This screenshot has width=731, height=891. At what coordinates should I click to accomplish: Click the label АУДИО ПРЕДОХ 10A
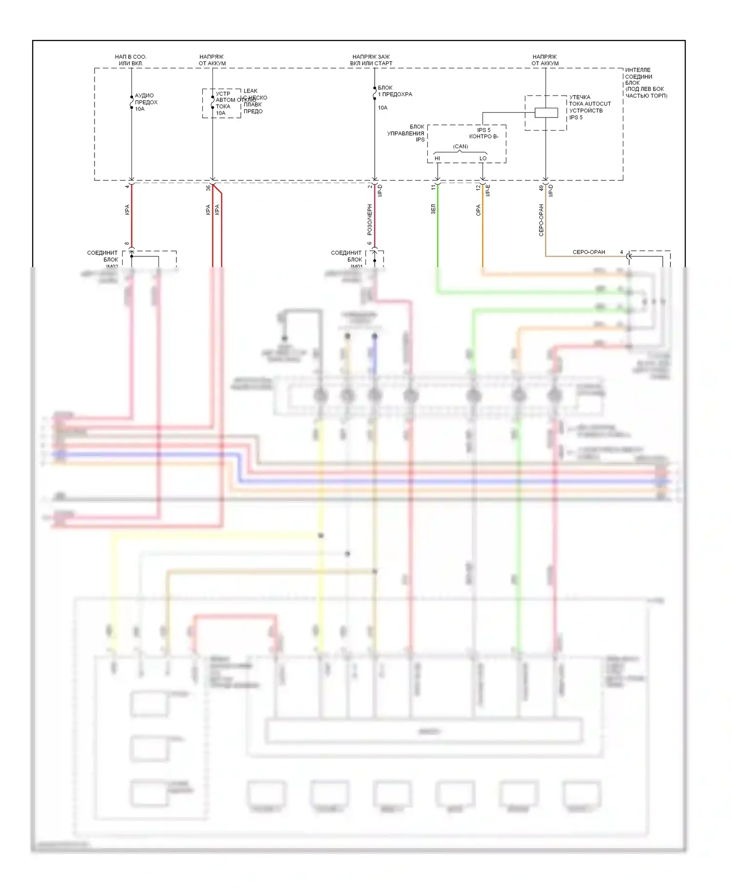145,102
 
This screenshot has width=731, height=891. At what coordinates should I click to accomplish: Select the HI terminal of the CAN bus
437,158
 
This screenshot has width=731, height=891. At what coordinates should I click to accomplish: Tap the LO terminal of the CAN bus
482,158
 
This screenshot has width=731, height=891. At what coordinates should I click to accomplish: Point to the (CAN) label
460,146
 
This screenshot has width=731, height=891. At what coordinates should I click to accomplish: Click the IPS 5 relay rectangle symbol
546,113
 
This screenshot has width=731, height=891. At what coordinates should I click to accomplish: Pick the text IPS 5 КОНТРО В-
483,133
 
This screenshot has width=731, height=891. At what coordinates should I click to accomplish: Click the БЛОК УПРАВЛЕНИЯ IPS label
406,133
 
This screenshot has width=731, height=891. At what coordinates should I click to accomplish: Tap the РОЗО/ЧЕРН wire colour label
369,219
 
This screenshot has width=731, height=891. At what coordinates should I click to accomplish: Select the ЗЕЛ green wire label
433,209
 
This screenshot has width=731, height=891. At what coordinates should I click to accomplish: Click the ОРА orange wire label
478,210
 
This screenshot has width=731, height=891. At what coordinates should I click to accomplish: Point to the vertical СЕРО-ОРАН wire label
541,220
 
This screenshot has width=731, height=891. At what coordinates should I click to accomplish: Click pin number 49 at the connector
541,188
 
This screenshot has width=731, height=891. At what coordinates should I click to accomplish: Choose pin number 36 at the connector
208,188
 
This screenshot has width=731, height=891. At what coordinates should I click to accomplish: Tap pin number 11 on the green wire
433,187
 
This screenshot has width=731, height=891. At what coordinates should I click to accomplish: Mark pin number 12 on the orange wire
478,187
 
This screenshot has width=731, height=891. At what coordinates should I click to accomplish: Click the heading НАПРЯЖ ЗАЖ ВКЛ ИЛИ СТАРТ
371,60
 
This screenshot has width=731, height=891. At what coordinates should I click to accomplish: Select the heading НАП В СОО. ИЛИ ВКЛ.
131,60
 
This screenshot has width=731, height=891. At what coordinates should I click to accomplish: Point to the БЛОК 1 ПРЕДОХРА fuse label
394,91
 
